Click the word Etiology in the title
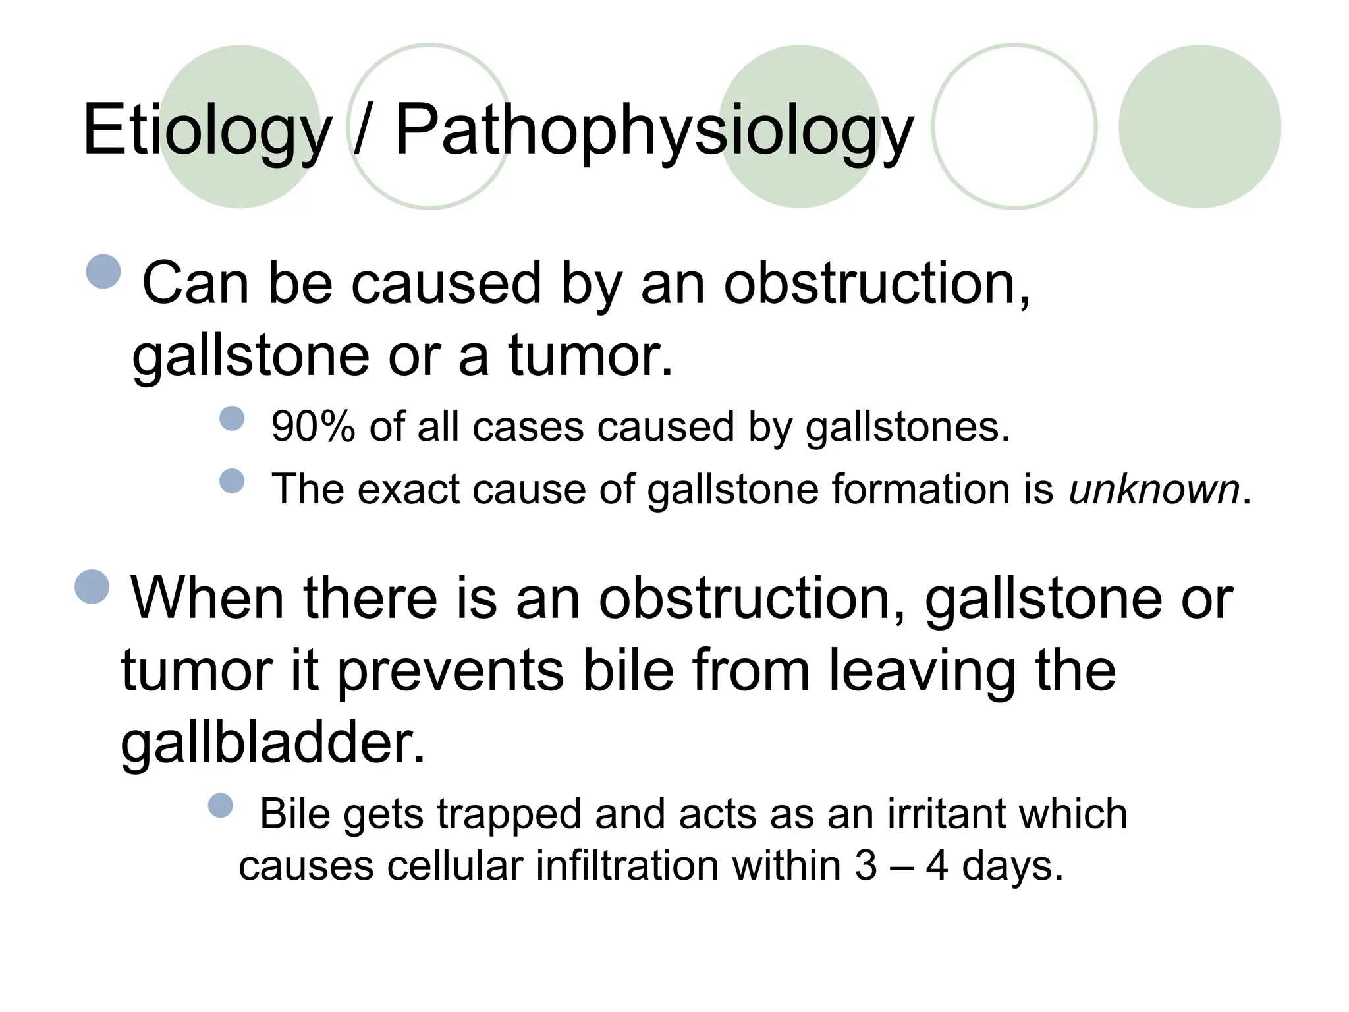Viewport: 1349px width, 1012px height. point(207,130)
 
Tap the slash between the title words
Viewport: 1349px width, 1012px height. point(360,130)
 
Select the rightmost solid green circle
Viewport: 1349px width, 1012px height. point(1199,126)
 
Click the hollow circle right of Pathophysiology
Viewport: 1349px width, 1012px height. point(1014,126)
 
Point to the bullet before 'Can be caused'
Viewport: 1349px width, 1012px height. point(104,271)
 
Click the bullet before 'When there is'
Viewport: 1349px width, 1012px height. point(92,586)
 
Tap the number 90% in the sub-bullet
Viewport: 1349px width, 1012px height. point(313,426)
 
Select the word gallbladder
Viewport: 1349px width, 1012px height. point(273,742)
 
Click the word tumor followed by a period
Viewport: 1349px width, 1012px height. point(590,355)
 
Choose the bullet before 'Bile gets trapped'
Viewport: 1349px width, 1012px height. point(221,805)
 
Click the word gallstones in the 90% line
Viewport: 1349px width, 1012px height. point(907,426)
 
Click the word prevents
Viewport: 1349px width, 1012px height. point(451,670)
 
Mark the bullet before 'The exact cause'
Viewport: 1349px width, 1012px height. point(232,481)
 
